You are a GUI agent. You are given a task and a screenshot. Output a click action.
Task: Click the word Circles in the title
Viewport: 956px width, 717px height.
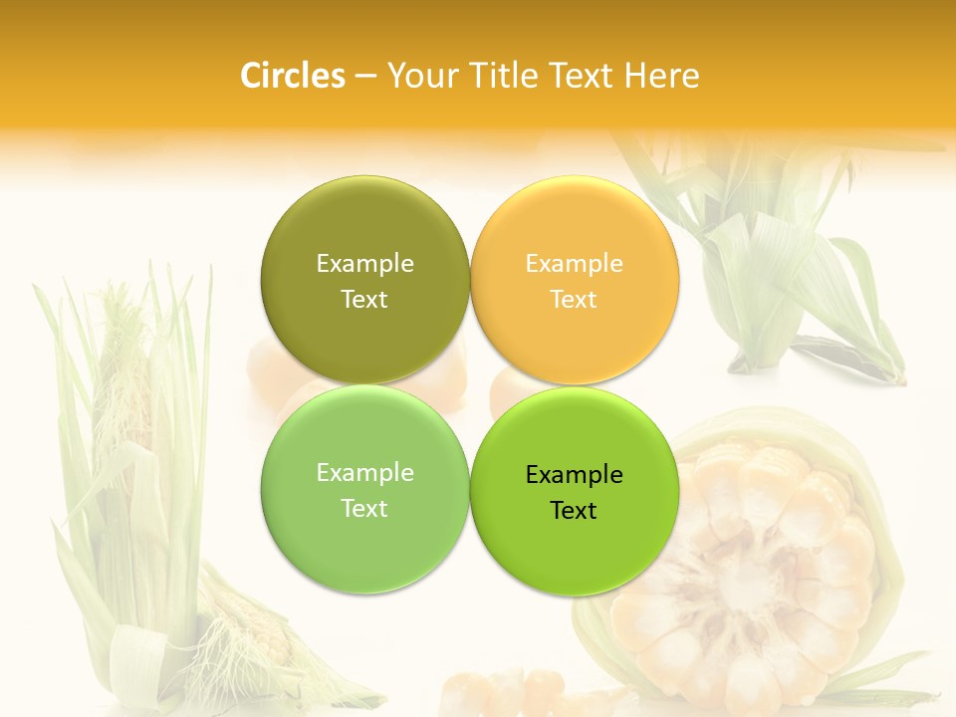coord(292,76)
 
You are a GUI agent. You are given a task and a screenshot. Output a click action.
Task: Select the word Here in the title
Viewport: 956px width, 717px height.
coord(661,76)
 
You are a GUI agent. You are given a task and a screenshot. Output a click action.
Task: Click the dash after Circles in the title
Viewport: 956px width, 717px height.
coord(364,77)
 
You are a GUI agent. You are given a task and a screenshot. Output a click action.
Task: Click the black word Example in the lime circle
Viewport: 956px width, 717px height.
coord(574,475)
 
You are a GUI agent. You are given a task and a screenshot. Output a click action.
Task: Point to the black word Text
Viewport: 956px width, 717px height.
coord(574,511)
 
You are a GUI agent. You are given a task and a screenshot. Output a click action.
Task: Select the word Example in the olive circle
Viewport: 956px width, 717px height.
coord(364,264)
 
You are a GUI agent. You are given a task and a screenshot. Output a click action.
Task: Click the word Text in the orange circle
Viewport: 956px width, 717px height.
coord(574,300)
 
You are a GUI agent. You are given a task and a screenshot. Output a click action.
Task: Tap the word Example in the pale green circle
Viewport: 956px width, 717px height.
coord(364,473)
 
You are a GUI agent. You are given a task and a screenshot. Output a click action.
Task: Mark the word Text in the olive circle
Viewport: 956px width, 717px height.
coord(364,300)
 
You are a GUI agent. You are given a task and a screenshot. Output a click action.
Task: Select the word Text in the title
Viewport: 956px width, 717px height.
coord(579,76)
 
